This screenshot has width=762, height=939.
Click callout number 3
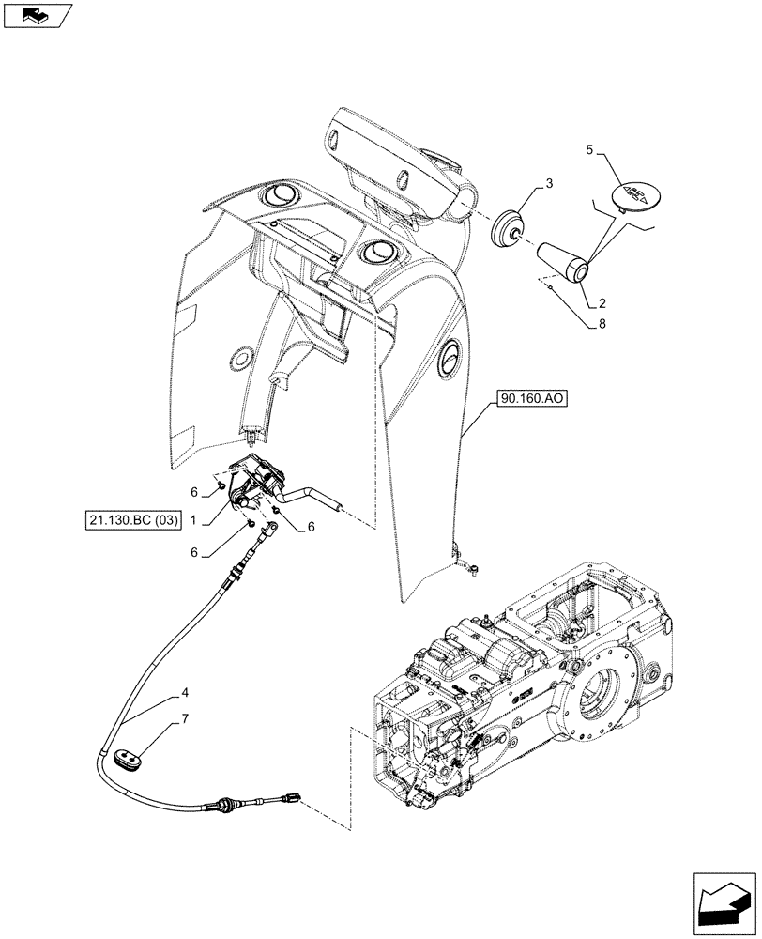tap(549, 183)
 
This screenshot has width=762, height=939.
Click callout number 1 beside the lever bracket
tap(193, 518)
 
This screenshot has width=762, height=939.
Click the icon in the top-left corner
tap(37, 14)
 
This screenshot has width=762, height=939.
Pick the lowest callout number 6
tap(193, 554)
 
